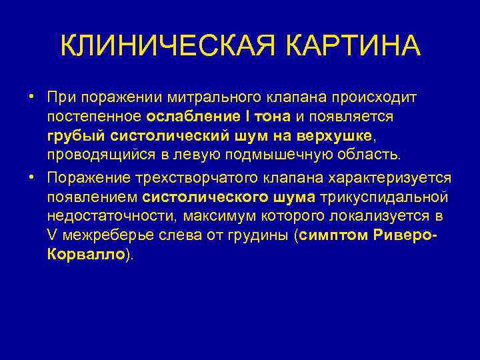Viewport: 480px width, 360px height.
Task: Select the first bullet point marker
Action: click(x=32, y=97)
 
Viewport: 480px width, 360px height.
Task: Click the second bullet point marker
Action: click(x=32, y=179)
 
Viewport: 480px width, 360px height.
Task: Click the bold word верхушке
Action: click(x=333, y=137)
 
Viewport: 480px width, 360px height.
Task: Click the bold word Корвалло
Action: click(x=85, y=255)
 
